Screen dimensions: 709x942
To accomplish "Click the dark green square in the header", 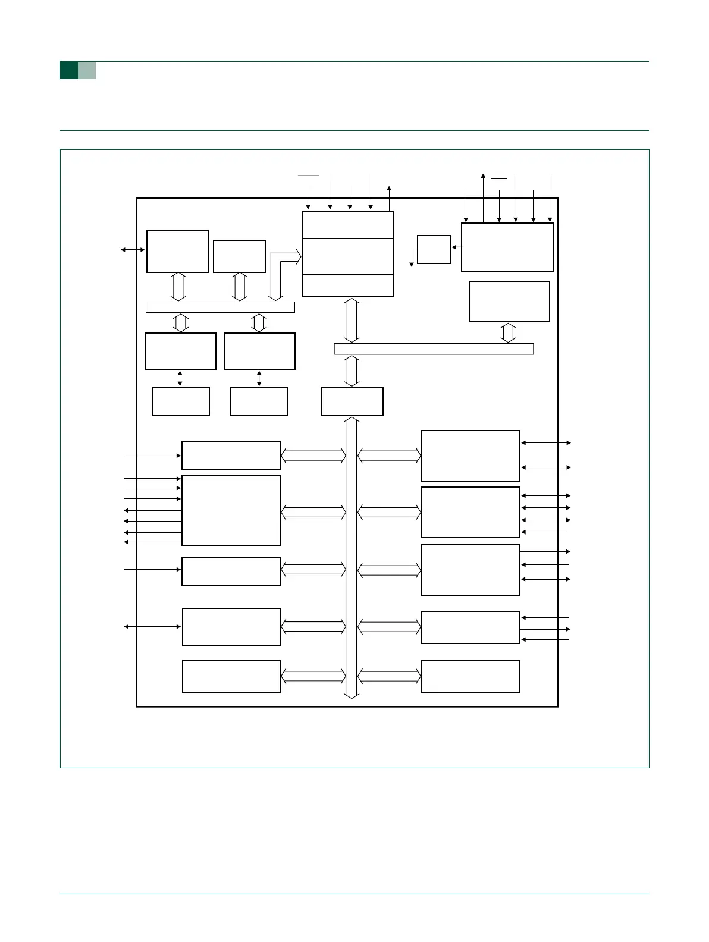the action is tap(69, 70).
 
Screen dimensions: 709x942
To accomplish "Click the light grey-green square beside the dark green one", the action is tap(87, 70).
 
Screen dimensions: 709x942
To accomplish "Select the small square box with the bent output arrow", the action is tap(434, 249).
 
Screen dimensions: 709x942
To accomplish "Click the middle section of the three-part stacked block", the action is tap(348, 256).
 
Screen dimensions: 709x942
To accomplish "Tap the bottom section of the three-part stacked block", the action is tap(348, 285).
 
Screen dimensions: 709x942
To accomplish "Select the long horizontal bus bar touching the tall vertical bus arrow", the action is tap(434, 348).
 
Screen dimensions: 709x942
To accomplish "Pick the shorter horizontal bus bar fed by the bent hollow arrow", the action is tap(220, 307).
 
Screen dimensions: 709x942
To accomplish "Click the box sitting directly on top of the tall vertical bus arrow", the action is tap(352, 401).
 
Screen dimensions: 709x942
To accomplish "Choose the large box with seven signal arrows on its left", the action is tap(231, 510).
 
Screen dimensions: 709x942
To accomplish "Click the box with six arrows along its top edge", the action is tap(507, 247).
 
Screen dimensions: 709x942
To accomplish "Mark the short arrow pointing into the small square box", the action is tap(456, 247).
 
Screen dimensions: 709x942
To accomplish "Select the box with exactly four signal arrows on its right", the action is tap(470, 512).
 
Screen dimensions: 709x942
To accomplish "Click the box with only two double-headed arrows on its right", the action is tap(470, 456).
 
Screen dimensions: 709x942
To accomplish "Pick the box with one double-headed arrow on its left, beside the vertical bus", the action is tap(231, 626).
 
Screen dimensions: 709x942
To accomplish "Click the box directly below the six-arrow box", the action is tap(509, 302).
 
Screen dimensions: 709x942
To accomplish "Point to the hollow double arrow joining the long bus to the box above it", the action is tap(508, 332).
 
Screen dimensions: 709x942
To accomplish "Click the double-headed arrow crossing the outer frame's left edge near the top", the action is tap(133, 250).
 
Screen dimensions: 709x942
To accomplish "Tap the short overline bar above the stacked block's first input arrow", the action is tap(308, 175).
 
